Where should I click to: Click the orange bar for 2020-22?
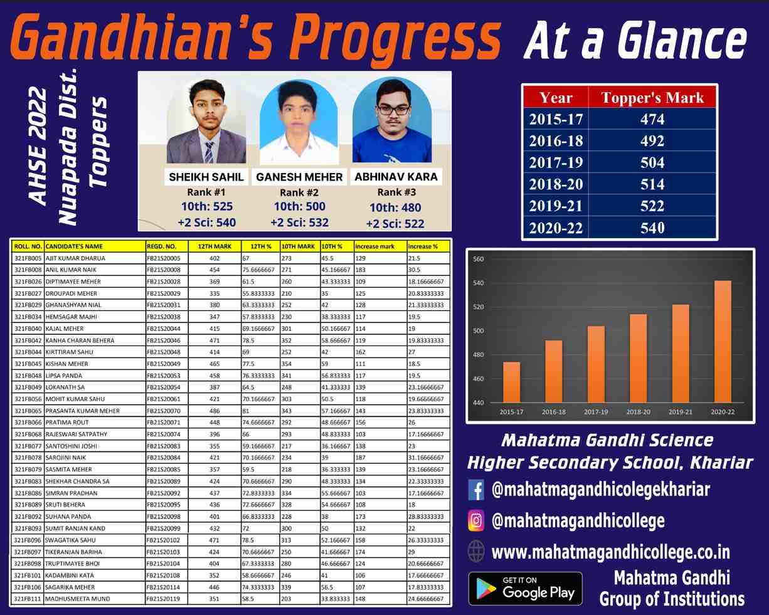coord(723,342)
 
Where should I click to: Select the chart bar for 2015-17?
coord(511,382)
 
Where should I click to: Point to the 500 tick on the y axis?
coord(478,331)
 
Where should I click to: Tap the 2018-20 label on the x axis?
coord(638,412)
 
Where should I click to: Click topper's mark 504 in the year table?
coord(652,162)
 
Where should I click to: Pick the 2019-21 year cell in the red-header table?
coord(556,206)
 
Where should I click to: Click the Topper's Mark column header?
coord(652,98)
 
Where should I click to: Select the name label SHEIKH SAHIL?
coord(206,177)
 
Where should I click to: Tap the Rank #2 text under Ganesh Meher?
coord(299,192)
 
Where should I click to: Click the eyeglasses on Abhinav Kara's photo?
coord(393,110)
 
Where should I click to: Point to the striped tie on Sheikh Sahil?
coord(209,152)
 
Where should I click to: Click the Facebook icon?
coord(476,490)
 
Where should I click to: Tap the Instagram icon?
coord(476,521)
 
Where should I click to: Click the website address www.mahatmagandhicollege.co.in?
coord(611,552)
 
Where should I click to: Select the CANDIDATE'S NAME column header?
coord(74,246)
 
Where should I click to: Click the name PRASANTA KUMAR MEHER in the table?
coord(83,411)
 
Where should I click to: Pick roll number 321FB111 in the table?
coord(28,599)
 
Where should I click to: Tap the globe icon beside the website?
coord(476,552)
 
